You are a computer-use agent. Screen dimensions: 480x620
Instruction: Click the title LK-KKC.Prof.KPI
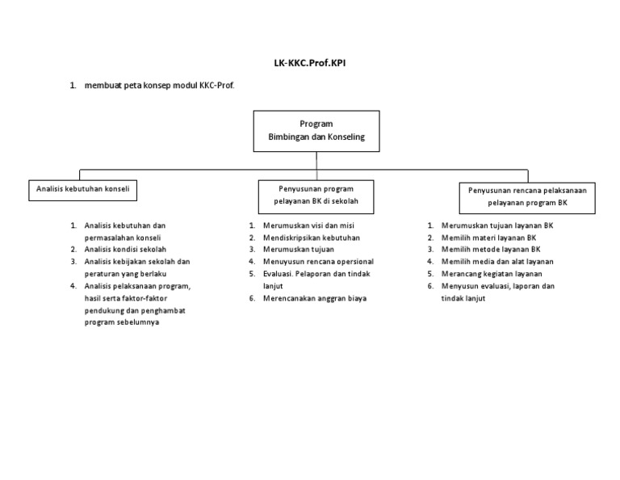310,61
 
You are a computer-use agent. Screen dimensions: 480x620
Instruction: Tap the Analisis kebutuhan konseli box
82,190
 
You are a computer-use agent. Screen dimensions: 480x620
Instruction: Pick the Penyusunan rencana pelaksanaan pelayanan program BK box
528,196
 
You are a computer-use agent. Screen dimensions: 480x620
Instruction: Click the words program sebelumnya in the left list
122,322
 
